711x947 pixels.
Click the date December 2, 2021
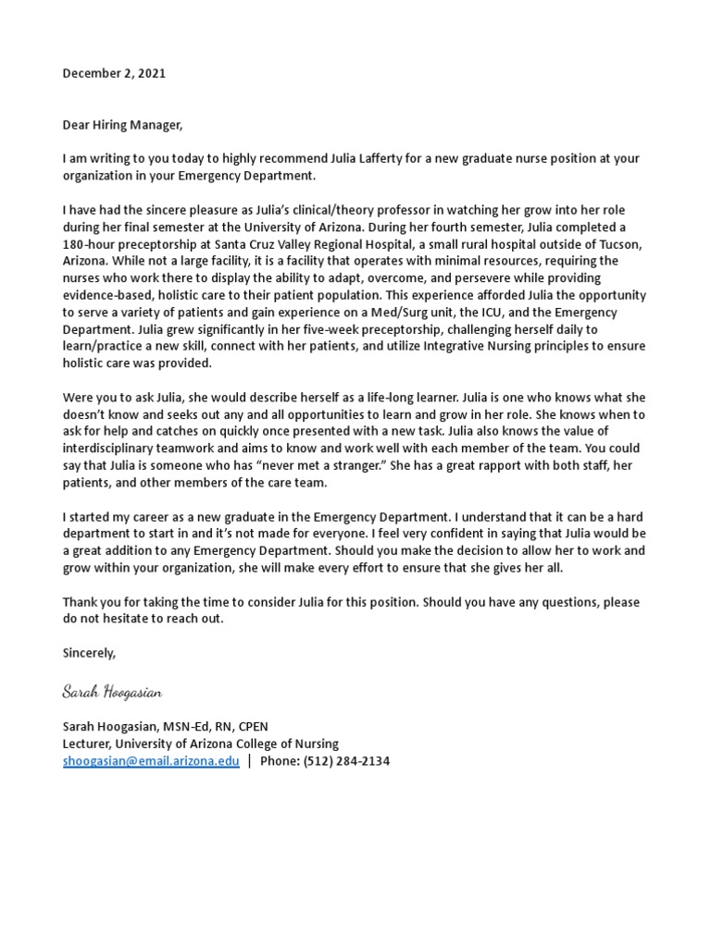[114, 74]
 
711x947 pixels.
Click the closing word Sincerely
[90, 653]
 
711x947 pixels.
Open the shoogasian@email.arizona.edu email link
[150, 761]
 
